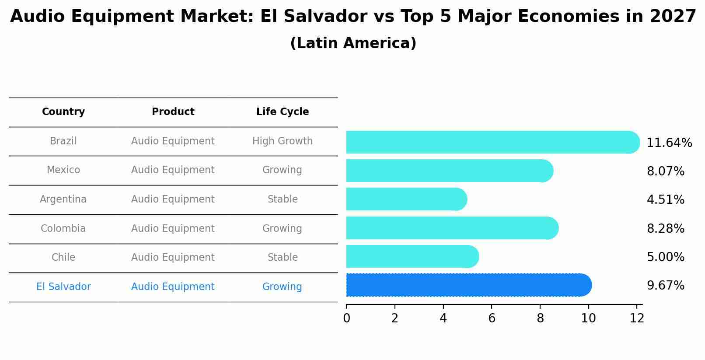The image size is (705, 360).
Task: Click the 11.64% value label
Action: pyautogui.click(x=669, y=143)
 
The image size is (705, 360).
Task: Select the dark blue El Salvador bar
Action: pyautogui.click(x=468, y=285)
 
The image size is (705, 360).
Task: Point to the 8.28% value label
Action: pyautogui.click(x=665, y=229)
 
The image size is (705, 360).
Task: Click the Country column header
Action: pyautogui.click(x=63, y=112)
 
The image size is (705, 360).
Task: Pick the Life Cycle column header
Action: pyautogui.click(x=283, y=112)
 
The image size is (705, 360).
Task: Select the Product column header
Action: pyautogui.click(x=173, y=112)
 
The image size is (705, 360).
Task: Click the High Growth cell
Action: pyautogui.click(x=283, y=141)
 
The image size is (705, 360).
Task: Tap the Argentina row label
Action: pyautogui.click(x=63, y=199)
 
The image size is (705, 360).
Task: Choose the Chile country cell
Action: pyautogui.click(x=63, y=258)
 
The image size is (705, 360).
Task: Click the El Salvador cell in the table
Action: pyautogui.click(x=63, y=287)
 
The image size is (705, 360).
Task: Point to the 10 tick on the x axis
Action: pyautogui.click(x=588, y=318)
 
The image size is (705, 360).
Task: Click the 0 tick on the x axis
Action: pyautogui.click(x=346, y=318)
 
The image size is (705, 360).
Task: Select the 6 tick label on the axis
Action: pyautogui.click(x=492, y=318)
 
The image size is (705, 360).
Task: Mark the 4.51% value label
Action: pyautogui.click(x=665, y=200)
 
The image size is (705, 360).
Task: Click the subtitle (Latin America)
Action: pyautogui.click(x=353, y=43)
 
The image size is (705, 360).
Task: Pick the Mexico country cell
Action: pyautogui.click(x=63, y=170)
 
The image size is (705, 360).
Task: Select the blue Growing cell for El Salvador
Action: pyautogui.click(x=282, y=287)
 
